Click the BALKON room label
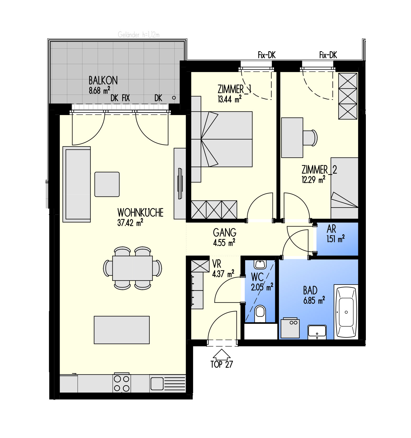103,80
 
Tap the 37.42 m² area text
130,223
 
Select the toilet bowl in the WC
260,314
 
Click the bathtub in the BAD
346,312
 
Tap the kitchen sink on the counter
157,384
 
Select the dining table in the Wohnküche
132,268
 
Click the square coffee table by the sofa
107,184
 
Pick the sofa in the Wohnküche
77,184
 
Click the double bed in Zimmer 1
222,139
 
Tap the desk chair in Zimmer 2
310,137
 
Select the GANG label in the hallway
225,233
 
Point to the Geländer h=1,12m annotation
139,35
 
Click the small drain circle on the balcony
174,98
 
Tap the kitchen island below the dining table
122,330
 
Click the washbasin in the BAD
317,331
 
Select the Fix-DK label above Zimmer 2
328,55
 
